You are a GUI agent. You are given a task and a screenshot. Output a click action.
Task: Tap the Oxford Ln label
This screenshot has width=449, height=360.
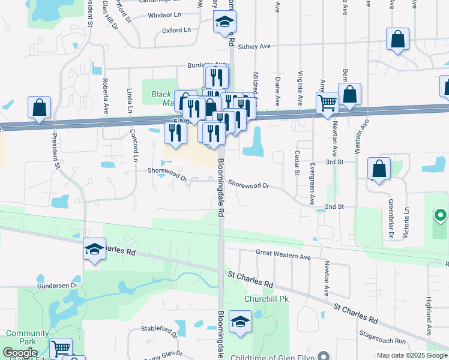pos(176,30)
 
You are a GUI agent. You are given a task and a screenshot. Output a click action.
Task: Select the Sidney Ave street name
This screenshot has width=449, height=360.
pos(255,46)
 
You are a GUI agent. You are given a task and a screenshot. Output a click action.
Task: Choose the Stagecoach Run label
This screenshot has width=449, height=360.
pos(383,341)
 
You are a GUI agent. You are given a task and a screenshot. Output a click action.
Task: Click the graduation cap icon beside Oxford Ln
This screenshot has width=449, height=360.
pos(225,23)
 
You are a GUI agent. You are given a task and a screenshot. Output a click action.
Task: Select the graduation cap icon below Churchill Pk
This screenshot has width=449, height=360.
pos(240,322)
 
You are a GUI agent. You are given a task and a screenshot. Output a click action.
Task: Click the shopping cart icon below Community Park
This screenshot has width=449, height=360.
pos(61,348)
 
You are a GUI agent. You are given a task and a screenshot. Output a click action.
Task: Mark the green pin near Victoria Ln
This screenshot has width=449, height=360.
pos(440,214)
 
